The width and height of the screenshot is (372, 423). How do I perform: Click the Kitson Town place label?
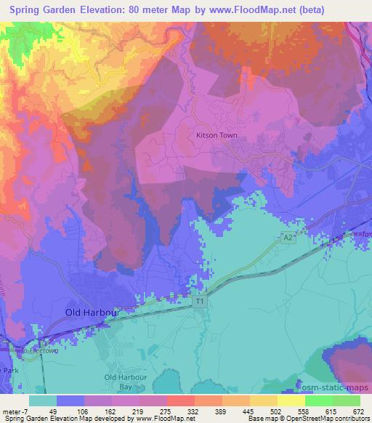pyautogui.click(x=217, y=134)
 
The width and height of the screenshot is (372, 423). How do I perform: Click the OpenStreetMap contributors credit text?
pyautogui.click(x=325, y=419)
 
